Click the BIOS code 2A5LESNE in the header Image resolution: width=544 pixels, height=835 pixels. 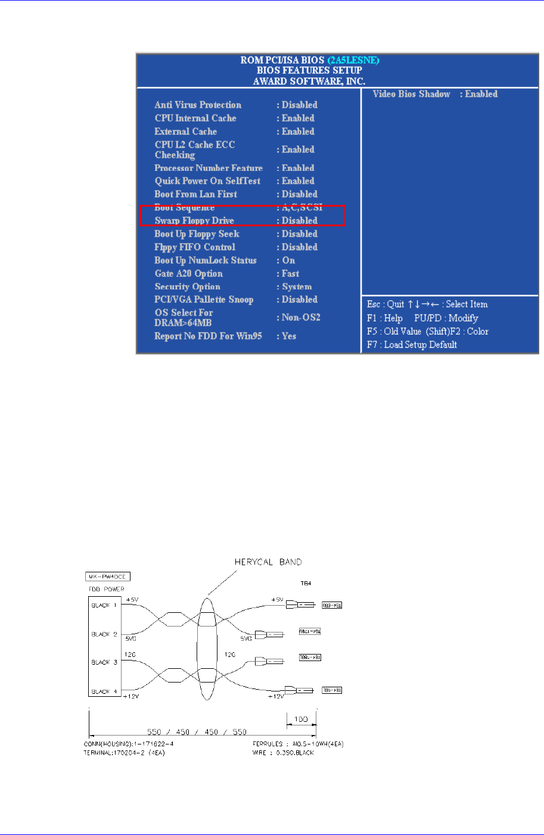pyautogui.click(x=353, y=60)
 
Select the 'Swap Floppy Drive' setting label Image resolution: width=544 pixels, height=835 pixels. pyautogui.click(x=194, y=221)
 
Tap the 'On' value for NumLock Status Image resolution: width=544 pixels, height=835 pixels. pyautogui.click(x=288, y=260)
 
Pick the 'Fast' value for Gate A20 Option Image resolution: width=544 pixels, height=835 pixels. pyautogui.click(x=290, y=273)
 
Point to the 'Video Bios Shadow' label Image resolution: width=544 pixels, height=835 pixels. pyautogui.click(x=411, y=94)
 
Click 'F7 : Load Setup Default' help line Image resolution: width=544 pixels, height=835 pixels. pyautogui.click(x=412, y=344)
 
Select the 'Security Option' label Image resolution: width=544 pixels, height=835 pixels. pyautogui.click(x=188, y=286)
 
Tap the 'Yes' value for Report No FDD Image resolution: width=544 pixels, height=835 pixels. pyautogui.click(x=289, y=336)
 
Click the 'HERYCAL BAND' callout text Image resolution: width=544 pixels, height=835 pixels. pyautogui.click(x=268, y=562)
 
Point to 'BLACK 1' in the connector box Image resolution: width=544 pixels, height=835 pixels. pyautogui.click(x=104, y=605)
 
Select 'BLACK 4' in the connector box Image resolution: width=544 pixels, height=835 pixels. pyautogui.click(x=104, y=691)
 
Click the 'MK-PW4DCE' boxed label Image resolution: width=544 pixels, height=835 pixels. pyautogui.click(x=107, y=577)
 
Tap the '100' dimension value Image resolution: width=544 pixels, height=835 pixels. pyautogui.click(x=301, y=719)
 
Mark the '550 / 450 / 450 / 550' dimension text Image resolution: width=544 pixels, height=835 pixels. pyautogui.click(x=197, y=732)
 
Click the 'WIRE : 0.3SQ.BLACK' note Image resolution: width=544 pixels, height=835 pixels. pyautogui.click(x=283, y=753)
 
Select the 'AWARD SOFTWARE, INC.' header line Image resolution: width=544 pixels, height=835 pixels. pyautogui.click(x=309, y=81)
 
